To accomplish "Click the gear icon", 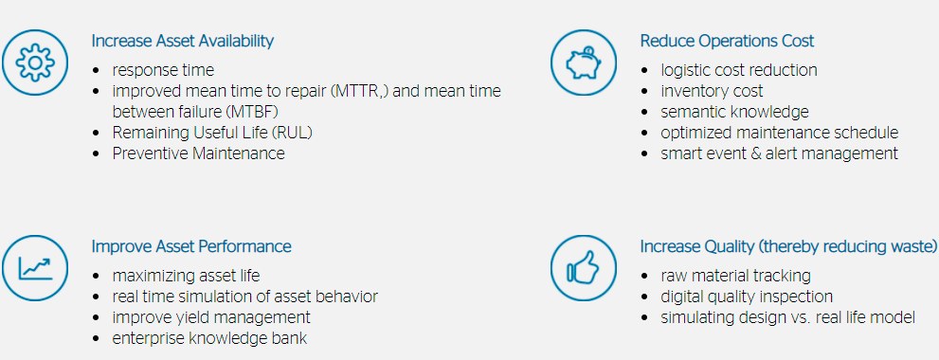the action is (35, 63).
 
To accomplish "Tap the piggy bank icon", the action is (584, 63).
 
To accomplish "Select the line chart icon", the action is (35, 268).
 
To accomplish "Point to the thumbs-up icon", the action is (584, 268).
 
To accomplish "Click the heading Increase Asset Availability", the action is (183, 42).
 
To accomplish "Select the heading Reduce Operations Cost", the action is (727, 42).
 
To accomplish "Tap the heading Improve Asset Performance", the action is (191, 246).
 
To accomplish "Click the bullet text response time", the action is (163, 71).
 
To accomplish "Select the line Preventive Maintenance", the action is (198, 153).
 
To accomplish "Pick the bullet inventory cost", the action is (712, 91).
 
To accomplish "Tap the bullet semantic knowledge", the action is (734, 112).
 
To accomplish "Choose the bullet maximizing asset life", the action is (186, 276).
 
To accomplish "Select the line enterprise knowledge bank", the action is (209, 338).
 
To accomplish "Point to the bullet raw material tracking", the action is (736, 276).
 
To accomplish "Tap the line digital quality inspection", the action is (747, 297).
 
